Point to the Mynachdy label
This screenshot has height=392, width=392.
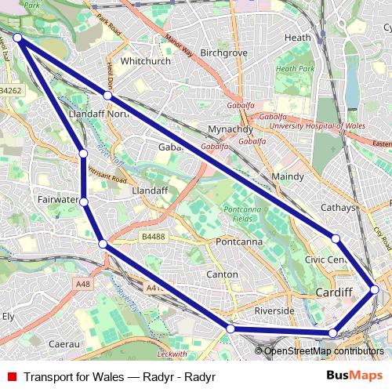230,129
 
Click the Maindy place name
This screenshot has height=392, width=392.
287,176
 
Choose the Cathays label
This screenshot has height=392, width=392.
339,208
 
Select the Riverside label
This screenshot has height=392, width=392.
274,310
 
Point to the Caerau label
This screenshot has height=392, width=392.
64,343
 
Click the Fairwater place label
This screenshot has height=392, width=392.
57,200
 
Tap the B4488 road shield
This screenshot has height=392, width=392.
154,235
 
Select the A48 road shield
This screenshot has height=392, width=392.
84,283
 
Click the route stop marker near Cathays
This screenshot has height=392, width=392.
336,238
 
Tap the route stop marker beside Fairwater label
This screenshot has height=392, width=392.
83,202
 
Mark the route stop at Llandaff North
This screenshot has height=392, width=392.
107,96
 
